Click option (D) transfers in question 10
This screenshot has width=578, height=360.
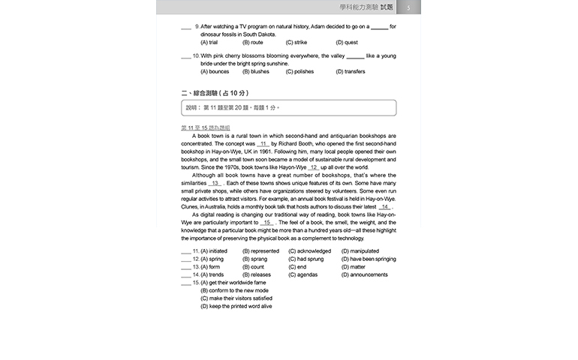pos(351,72)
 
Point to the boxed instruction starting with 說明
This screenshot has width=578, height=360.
pos(288,108)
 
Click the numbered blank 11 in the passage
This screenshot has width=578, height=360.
pos(263,143)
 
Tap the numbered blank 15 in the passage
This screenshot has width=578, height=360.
pos(267,223)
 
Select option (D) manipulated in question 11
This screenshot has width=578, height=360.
pos(360,251)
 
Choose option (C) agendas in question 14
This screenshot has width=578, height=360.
pos(305,274)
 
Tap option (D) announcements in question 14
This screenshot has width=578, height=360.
pos(365,274)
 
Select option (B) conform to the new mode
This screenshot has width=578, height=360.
pos(234,290)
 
